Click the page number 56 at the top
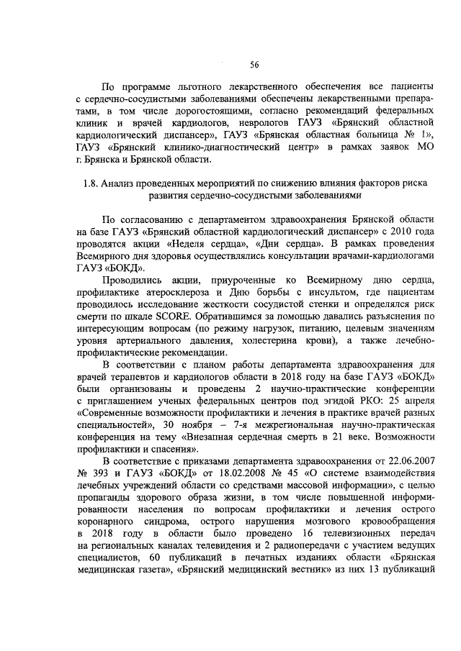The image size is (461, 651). pos(254,65)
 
